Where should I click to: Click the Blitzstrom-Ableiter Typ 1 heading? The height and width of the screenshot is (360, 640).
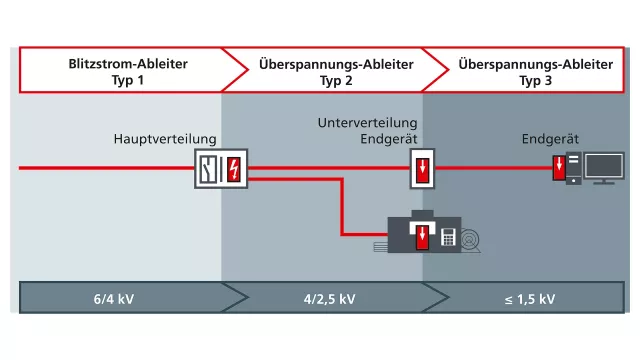tap(128, 72)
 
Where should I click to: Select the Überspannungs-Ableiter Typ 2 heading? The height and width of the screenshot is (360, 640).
tap(336, 72)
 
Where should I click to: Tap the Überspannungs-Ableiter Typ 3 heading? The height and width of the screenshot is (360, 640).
tap(536, 72)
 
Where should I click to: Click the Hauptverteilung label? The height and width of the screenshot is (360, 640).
tap(165, 139)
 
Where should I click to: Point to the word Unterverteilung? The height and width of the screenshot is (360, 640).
tap(367, 123)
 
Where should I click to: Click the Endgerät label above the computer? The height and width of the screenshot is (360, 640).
tap(550, 139)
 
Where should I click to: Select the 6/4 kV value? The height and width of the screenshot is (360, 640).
tap(114, 299)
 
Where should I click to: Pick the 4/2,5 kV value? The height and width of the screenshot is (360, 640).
tap(329, 299)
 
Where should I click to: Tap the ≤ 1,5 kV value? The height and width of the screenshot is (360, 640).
tap(530, 299)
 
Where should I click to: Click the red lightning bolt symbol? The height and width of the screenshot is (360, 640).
tap(234, 169)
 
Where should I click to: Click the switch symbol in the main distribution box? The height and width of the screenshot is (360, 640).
tap(208, 169)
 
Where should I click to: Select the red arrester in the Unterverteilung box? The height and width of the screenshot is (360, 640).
tap(422, 169)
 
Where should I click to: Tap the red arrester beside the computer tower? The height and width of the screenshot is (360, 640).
tap(559, 168)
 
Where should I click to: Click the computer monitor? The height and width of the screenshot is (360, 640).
tap(604, 168)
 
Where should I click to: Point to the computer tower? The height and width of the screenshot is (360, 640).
tap(573, 168)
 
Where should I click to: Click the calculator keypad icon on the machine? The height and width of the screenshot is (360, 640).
tap(448, 237)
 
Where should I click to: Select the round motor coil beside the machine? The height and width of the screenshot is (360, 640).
tap(470, 241)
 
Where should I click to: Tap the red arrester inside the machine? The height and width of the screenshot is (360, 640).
tap(422, 237)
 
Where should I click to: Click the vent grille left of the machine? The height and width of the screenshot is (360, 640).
tap(380, 247)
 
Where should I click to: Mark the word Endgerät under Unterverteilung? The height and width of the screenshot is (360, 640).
tap(389, 139)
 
